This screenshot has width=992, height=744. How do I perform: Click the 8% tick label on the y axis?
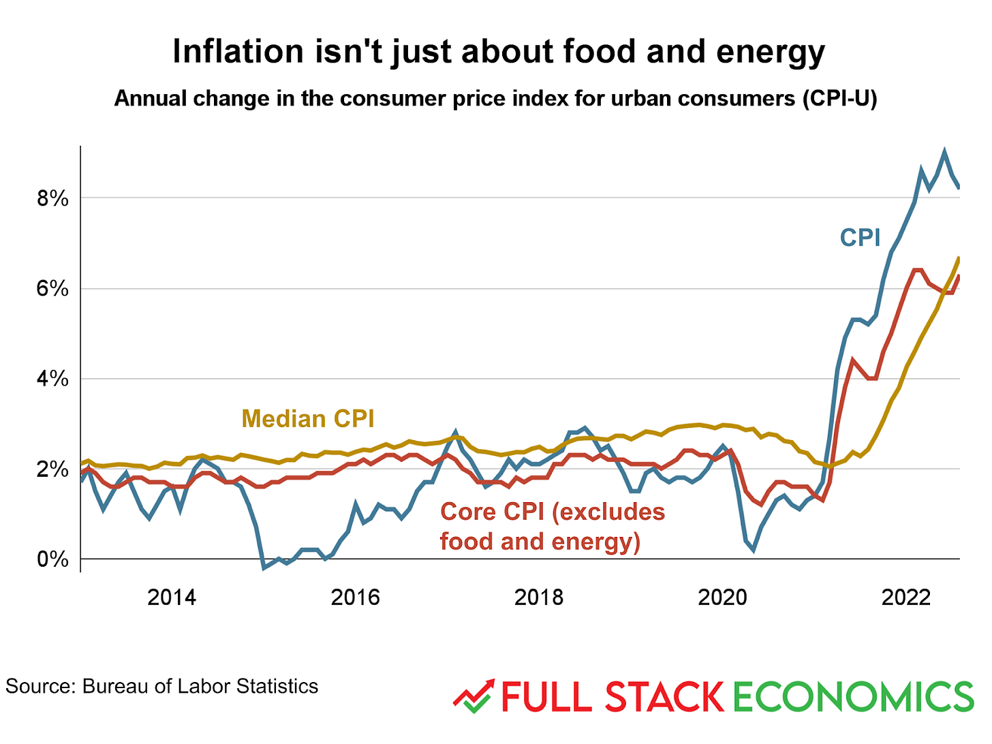tap(52, 198)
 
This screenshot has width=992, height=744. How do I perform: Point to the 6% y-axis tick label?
tap(52, 289)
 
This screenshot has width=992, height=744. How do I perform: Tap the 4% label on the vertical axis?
tap(52, 379)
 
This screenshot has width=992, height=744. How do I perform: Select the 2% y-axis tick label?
tap(52, 469)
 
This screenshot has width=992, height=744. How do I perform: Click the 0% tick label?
tap(52, 559)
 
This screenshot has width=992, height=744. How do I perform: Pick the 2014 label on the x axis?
tap(172, 598)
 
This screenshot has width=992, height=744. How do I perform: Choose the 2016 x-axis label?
tap(355, 598)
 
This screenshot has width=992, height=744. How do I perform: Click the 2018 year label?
tap(539, 598)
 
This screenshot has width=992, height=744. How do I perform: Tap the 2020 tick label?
tap(722, 598)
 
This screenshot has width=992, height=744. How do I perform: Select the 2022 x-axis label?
tap(906, 598)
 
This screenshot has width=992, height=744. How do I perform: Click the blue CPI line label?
tap(860, 238)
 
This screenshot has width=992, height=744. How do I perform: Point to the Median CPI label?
tap(308, 418)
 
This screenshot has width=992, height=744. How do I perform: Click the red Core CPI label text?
tap(552, 527)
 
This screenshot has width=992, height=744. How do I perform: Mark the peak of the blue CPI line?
tap(944, 151)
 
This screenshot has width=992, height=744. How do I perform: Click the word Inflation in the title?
tap(238, 52)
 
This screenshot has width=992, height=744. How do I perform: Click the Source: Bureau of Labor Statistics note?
tap(162, 686)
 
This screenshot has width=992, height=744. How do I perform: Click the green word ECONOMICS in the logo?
tap(853, 697)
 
